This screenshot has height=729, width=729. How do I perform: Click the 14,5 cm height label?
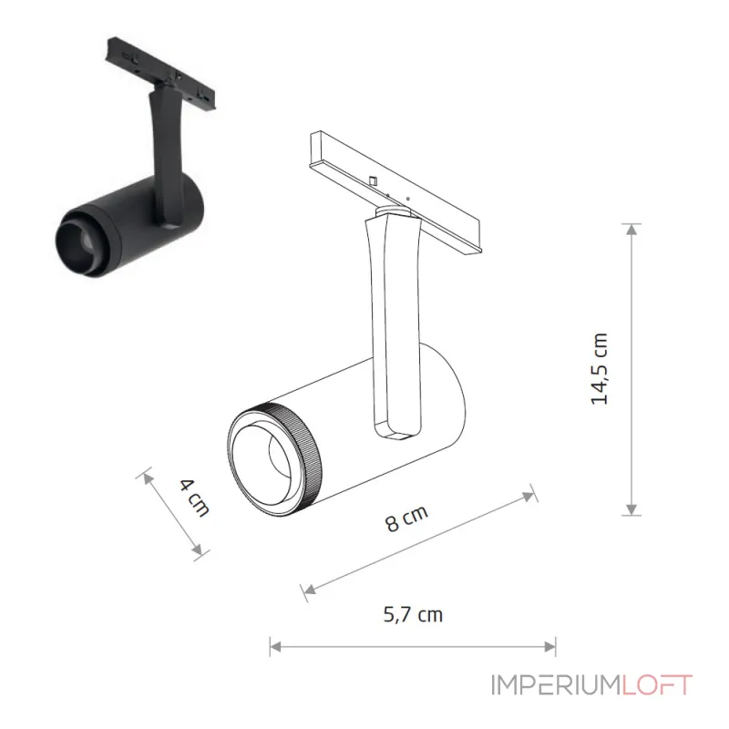[x=600, y=369]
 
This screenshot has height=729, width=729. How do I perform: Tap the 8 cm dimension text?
[x=406, y=518]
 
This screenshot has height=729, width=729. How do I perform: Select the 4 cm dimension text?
[x=195, y=498]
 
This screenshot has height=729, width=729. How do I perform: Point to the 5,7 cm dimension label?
[x=413, y=614]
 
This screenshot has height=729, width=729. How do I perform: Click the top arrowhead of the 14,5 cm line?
[x=631, y=230]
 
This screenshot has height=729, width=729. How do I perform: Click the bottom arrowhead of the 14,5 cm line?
[x=631, y=509]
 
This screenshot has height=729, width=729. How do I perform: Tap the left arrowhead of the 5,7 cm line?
[x=276, y=647]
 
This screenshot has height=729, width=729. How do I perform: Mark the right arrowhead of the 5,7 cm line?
[x=550, y=647]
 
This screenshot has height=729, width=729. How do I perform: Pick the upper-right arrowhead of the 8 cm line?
[x=529, y=496]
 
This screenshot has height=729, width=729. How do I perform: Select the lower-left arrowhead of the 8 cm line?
[x=309, y=590]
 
